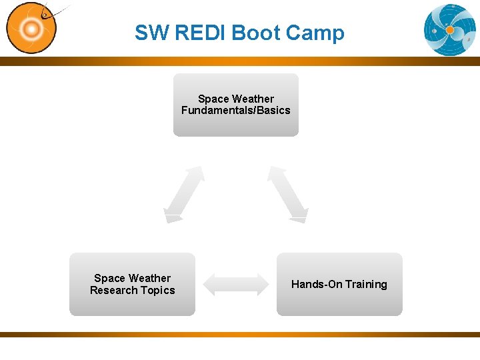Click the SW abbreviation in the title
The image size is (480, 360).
151,33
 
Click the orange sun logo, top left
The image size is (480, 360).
31,29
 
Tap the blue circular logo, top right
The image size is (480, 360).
450,29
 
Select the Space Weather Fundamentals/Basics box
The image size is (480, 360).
236,105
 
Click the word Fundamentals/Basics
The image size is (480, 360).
236,111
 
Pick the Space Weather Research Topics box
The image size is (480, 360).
132,284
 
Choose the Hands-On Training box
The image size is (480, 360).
339,284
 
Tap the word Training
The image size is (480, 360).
365,285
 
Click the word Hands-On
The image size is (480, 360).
317,285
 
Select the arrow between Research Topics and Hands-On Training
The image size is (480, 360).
235,284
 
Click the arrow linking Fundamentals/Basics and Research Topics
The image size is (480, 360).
184,194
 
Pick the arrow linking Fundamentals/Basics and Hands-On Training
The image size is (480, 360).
287,194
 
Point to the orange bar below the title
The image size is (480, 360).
240,61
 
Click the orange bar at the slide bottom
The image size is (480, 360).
240,334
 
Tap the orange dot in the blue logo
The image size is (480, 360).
450,30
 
